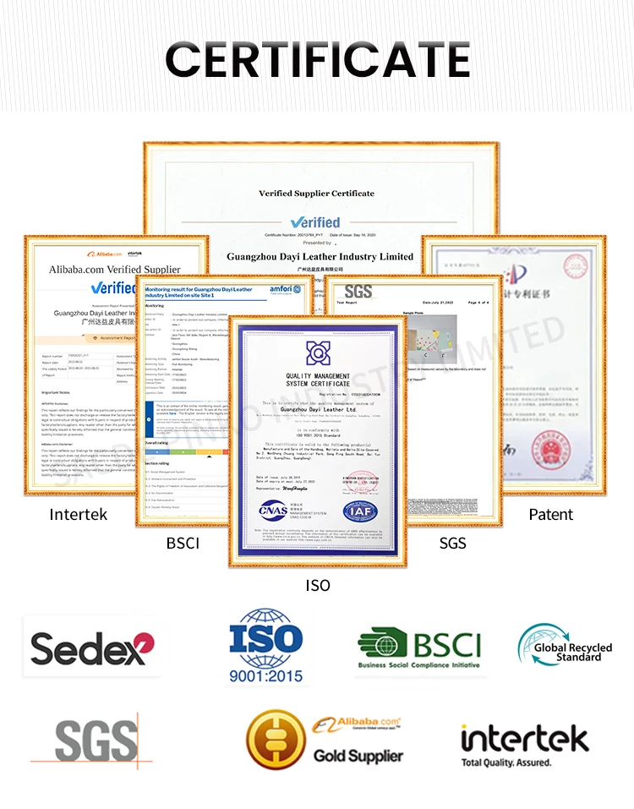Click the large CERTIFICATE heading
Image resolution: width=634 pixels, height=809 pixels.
click(317, 59)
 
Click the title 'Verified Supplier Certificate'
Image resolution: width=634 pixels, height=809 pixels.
click(316, 194)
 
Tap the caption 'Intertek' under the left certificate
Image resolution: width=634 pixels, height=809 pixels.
click(79, 514)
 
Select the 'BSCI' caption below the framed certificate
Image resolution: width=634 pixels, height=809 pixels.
click(183, 543)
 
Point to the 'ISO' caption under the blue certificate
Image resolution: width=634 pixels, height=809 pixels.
click(317, 585)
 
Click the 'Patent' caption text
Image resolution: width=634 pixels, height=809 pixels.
click(550, 514)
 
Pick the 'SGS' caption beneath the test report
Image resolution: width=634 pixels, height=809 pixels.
click(452, 543)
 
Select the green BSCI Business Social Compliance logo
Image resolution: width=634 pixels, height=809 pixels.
click(418, 648)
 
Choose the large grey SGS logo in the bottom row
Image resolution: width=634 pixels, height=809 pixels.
click(96, 741)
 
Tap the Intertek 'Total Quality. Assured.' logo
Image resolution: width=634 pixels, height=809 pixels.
click(524, 743)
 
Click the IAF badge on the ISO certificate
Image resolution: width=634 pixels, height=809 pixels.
click(360, 511)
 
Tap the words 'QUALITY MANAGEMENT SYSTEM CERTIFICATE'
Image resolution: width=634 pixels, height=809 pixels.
click(317, 380)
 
